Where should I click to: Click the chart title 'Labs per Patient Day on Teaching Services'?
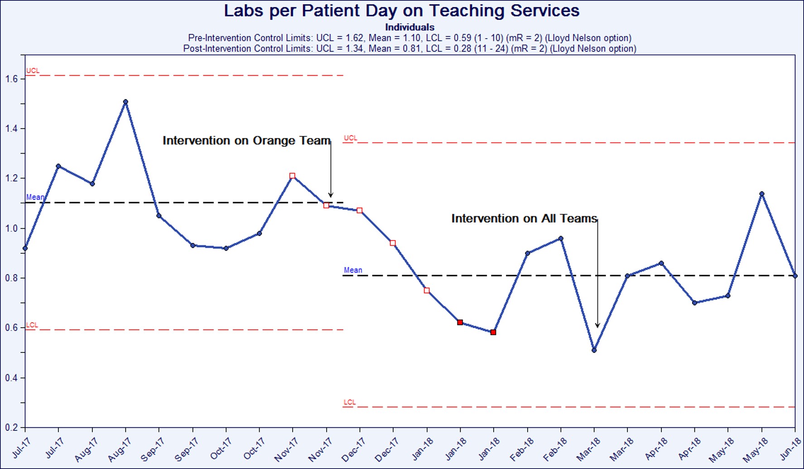tap(401, 11)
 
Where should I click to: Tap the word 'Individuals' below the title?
tap(409, 27)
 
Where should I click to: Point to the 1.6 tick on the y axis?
tap(12, 79)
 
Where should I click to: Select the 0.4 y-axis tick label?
tap(12, 378)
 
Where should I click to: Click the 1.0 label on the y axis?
tap(12, 228)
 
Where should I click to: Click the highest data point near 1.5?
tap(125, 102)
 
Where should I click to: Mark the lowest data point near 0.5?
tap(594, 350)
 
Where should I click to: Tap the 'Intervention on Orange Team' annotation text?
tap(246, 140)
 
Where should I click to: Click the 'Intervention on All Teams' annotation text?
tap(524, 218)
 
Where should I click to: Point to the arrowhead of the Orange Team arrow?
tap(331, 195)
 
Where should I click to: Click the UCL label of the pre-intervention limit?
tap(33, 71)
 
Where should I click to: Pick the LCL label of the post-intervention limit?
tap(349, 402)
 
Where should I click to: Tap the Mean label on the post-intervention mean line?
tap(353, 270)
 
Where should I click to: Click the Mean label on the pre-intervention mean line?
tap(35, 197)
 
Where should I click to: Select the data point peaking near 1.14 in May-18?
tap(762, 194)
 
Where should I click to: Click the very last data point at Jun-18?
tap(795, 276)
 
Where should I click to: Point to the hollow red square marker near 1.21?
tap(292, 176)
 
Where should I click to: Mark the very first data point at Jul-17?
tap(25, 248)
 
